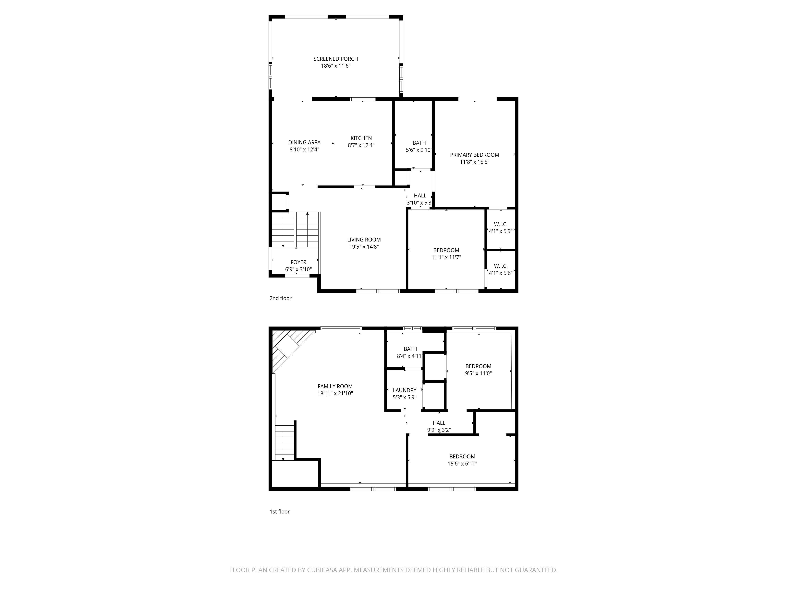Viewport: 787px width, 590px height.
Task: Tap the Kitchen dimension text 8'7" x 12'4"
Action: (x=361, y=145)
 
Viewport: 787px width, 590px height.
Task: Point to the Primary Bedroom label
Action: (x=475, y=155)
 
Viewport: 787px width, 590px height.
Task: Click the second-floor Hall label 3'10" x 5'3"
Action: (x=420, y=196)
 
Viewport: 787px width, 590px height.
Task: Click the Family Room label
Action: (x=335, y=386)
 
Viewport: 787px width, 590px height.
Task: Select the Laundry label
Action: (x=405, y=390)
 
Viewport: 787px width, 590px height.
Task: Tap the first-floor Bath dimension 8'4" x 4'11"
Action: (x=410, y=356)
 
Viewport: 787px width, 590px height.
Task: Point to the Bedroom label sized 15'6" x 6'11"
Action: (x=462, y=457)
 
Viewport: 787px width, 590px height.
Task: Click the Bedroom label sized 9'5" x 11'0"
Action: (x=478, y=366)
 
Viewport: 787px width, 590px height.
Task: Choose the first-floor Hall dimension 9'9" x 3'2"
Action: (x=439, y=430)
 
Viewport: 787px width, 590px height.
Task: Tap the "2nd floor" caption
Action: (x=280, y=298)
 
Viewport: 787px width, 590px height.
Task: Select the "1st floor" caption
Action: (x=280, y=512)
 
